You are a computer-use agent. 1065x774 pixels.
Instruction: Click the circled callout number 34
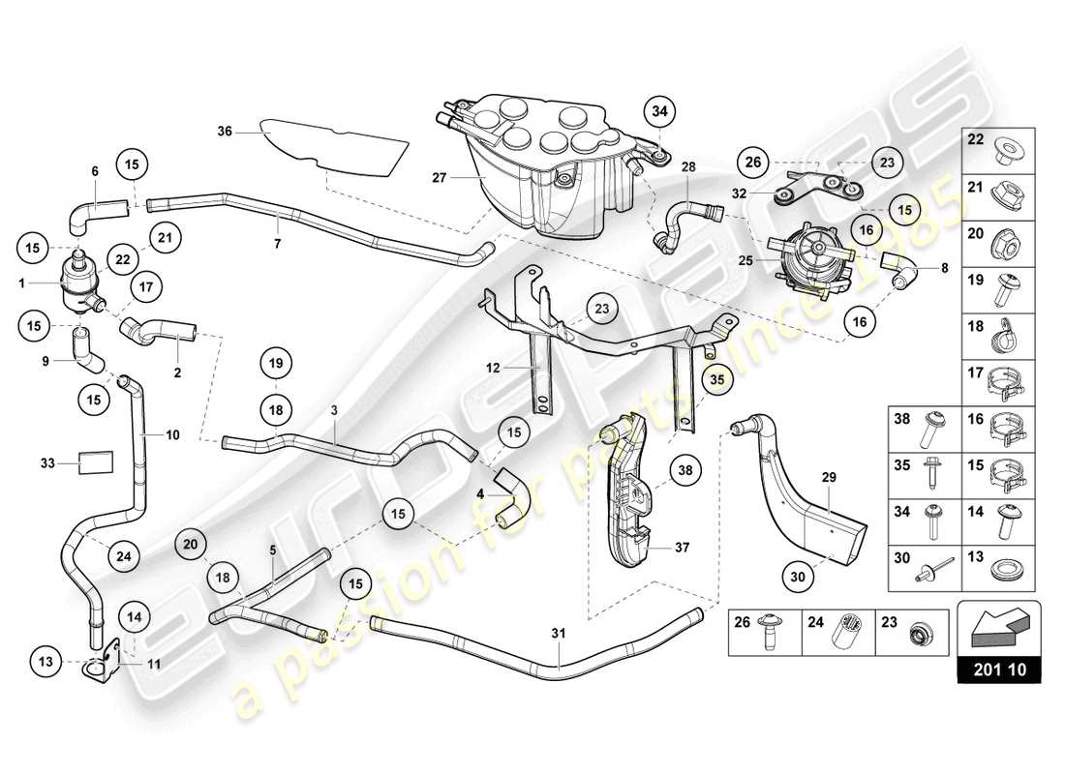click(659, 112)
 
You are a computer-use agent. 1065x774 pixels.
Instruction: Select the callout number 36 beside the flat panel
click(225, 132)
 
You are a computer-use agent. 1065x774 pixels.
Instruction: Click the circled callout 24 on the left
click(123, 556)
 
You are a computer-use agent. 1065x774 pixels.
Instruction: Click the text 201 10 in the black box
click(998, 668)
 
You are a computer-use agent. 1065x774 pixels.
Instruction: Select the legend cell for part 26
click(764, 632)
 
